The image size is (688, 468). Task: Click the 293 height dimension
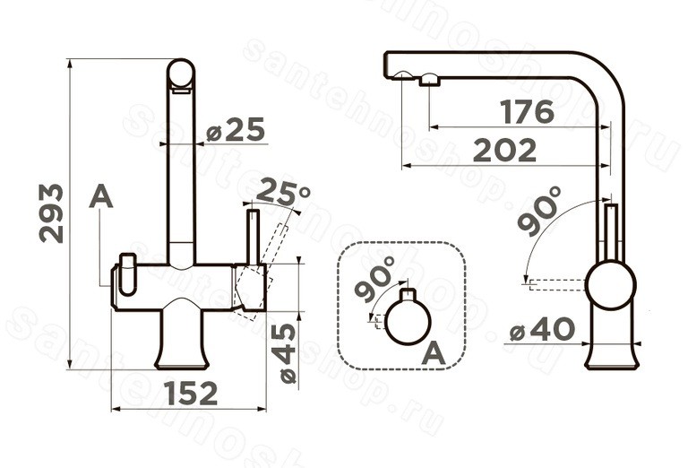point(52,213)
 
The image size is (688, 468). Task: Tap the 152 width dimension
point(192,394)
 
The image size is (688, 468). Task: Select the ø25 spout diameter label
point(236,129)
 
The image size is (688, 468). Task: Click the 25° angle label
point(283,192)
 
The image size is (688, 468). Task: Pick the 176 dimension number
point(528,112)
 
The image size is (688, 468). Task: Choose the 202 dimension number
point(505,150)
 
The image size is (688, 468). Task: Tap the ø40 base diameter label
point(542,329)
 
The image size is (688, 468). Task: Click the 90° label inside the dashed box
point(374,278)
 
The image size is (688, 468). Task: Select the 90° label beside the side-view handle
point(539,212)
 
